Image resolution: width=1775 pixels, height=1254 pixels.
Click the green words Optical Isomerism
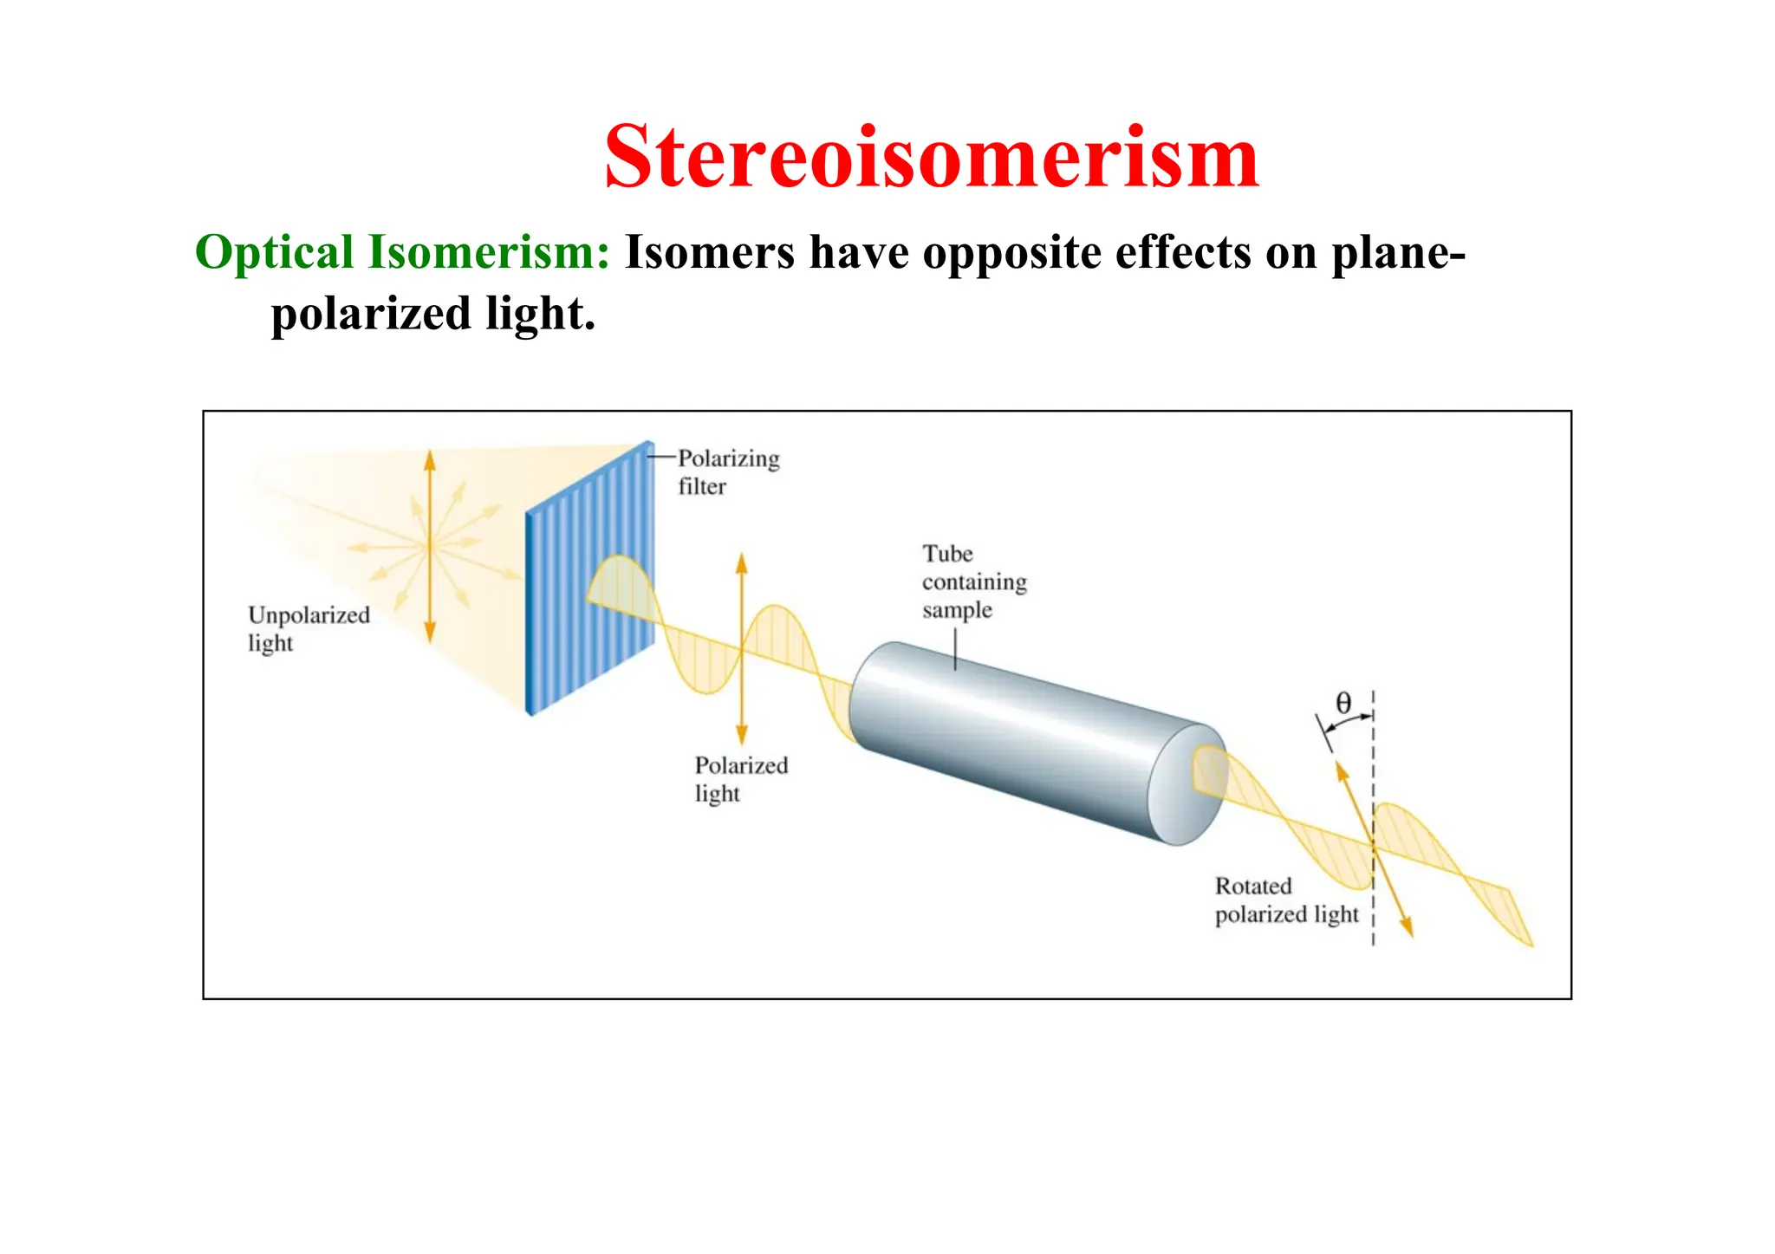coord(402,253)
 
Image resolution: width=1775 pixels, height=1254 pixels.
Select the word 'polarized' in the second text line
coord(371,314)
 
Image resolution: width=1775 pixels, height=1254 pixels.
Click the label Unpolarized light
coord(307,628)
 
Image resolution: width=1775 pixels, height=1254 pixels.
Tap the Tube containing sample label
coord(972,582)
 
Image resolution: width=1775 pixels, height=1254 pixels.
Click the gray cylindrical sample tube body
coord(1014,737)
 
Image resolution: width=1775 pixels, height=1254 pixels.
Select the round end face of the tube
coord(1186,784)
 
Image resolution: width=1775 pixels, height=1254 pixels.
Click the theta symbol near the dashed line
coord(1343,703)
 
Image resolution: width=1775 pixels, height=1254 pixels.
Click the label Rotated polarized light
coord(1285,900)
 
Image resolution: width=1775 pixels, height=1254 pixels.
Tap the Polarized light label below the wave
coord(740,779)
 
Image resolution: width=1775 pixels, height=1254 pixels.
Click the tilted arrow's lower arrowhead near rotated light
coord(1408,927)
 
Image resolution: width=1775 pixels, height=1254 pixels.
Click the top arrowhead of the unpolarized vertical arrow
coord(430,458)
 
